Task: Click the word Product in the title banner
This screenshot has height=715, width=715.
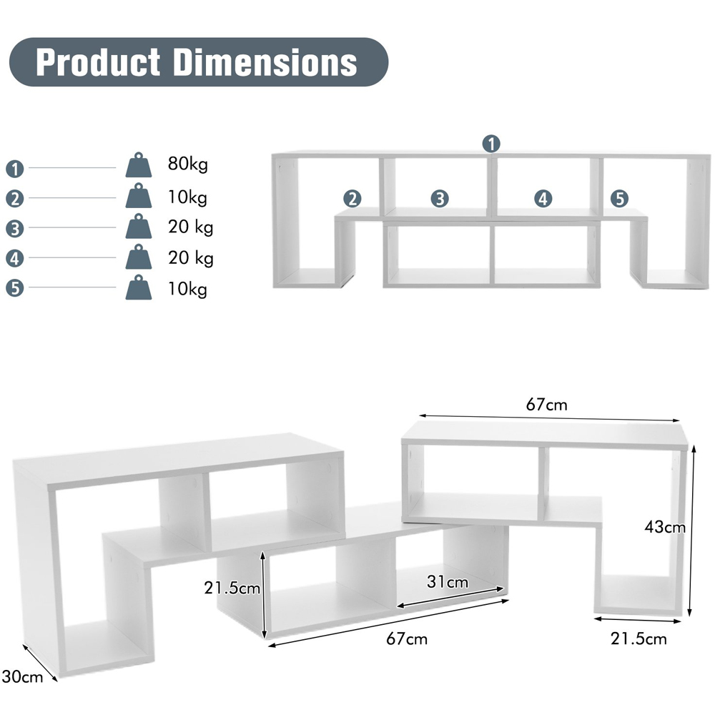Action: [x=97, y=62]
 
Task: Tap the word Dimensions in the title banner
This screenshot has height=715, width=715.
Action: [x=265, y=62]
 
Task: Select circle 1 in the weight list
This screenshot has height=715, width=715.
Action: [x=14, y=169]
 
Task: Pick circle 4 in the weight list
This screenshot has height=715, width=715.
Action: [x=14, y=259]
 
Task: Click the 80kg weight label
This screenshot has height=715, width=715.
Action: [x=188, y=164]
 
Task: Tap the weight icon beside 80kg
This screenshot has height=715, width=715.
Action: [x=139, y=165]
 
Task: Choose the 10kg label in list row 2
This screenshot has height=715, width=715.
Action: [x=187, y=197]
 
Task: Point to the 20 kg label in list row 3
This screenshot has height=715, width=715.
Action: [x=191, y=227]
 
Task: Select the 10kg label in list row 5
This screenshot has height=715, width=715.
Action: [x=187, y=289]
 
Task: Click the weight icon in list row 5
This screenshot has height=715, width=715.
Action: [x=139, y=287]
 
